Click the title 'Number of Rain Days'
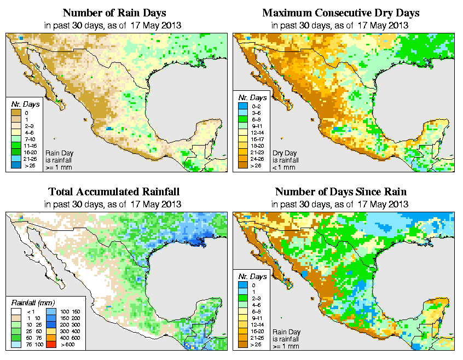tap(114, 13)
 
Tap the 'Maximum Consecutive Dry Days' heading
tap(341, 13)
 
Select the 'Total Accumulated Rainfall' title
tap(114, 192)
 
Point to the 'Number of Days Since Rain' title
tap(341, 192)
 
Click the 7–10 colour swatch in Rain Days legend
tap(15, 139)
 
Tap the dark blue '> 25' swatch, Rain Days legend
tap(15, 165)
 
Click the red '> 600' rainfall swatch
tap(50, 346)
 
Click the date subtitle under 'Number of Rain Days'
tap(114, 25)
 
